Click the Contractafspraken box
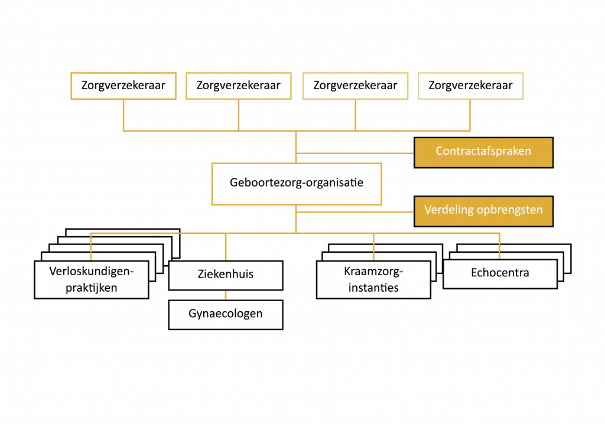pyautogui.click(x=483, y=152)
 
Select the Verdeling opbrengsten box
pyautogui.click(x=483, y=211)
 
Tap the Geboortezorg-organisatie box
pyautogui.click(x=296, y=183)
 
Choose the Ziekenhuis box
pyautogui.click(x=225, y=275)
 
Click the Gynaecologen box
pyautogui.click(x=225, y=314)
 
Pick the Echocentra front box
pyautogui.click(x=500, y=273)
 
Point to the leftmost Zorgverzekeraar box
pyautogui.click(x=123, y=86)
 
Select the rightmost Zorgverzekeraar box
pyautogui.click(x=470, y=86)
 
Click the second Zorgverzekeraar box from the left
pyautogui.click(x=238, y=86)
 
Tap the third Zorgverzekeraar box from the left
pyautogui.click(x=355, y=86)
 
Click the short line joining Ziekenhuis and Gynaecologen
pyautogui.click(x=225, y=295)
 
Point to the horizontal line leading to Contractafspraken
pyautogui.click(x=354, y=153)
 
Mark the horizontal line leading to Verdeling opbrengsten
pyautogui.click(x=354, y=211)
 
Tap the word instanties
pyautogui.click(x=373, y=288)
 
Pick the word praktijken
pyautogui.click(x=91, y=288)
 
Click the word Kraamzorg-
pyautogui.click(x=373, y=272)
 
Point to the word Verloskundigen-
pyautogui.click(x=91, y=272)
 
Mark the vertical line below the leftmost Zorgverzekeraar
pyautogui.click(x=123, y=115)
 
